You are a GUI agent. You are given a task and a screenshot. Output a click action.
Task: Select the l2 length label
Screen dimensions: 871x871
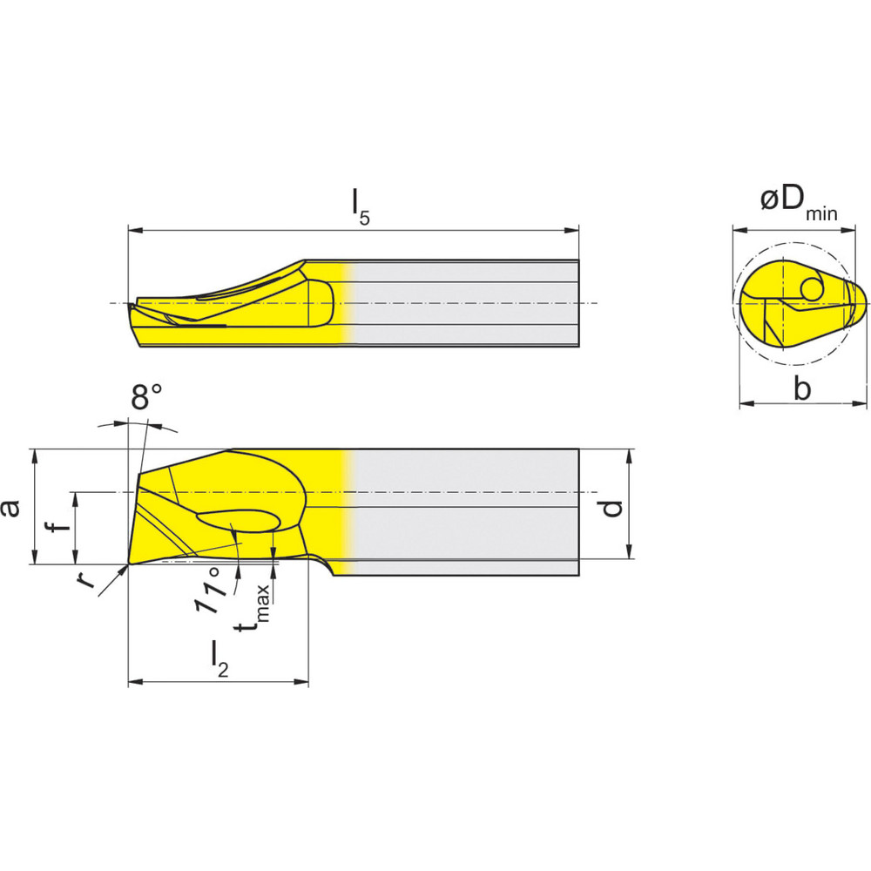(219, 658)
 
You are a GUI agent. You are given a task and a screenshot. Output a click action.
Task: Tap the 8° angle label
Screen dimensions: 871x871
(145, 398)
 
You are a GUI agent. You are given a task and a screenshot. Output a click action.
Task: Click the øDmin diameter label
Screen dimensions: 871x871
(797, 203)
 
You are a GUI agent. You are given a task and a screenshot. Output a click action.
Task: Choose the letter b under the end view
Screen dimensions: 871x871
(801, 389)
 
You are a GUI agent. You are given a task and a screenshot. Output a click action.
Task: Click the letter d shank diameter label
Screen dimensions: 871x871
(613, 505)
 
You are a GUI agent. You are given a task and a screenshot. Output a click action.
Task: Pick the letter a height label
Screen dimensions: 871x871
(11, 507)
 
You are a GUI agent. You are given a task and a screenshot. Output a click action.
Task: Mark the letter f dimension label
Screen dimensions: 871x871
(55, 528)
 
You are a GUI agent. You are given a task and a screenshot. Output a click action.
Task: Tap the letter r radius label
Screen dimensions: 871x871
(85, 579)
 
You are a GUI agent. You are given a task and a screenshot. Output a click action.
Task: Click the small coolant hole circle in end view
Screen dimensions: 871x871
(813, 287)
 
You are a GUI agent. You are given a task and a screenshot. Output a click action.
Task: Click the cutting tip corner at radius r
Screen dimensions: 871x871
(129, 564)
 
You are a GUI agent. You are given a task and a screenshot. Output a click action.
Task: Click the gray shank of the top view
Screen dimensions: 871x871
(462, 303)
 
